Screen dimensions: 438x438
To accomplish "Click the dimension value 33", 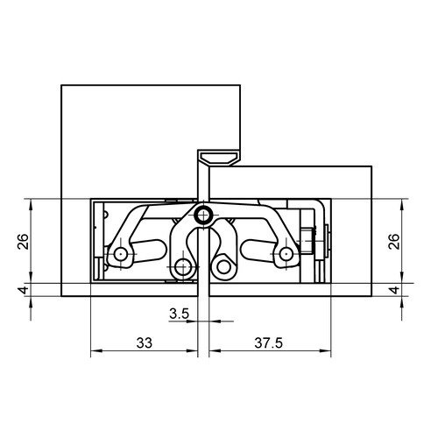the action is tap(145, 343).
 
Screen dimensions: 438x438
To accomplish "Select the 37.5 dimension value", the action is tap(268, 343).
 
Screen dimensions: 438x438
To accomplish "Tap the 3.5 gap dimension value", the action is tap(180, 314).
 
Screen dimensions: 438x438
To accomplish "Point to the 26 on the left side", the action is tap(24, 241).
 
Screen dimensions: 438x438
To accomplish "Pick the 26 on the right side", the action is tap(394, 241).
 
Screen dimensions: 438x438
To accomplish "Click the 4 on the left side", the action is tap(24, 290).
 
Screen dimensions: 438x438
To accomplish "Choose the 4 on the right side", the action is tap(394, 290).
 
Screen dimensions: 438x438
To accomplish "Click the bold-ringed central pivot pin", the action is tap(203, 216).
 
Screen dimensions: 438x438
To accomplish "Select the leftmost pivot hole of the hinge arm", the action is tap(121, 254).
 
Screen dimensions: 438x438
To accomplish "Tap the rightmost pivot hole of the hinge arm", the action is tap(286, 254).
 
